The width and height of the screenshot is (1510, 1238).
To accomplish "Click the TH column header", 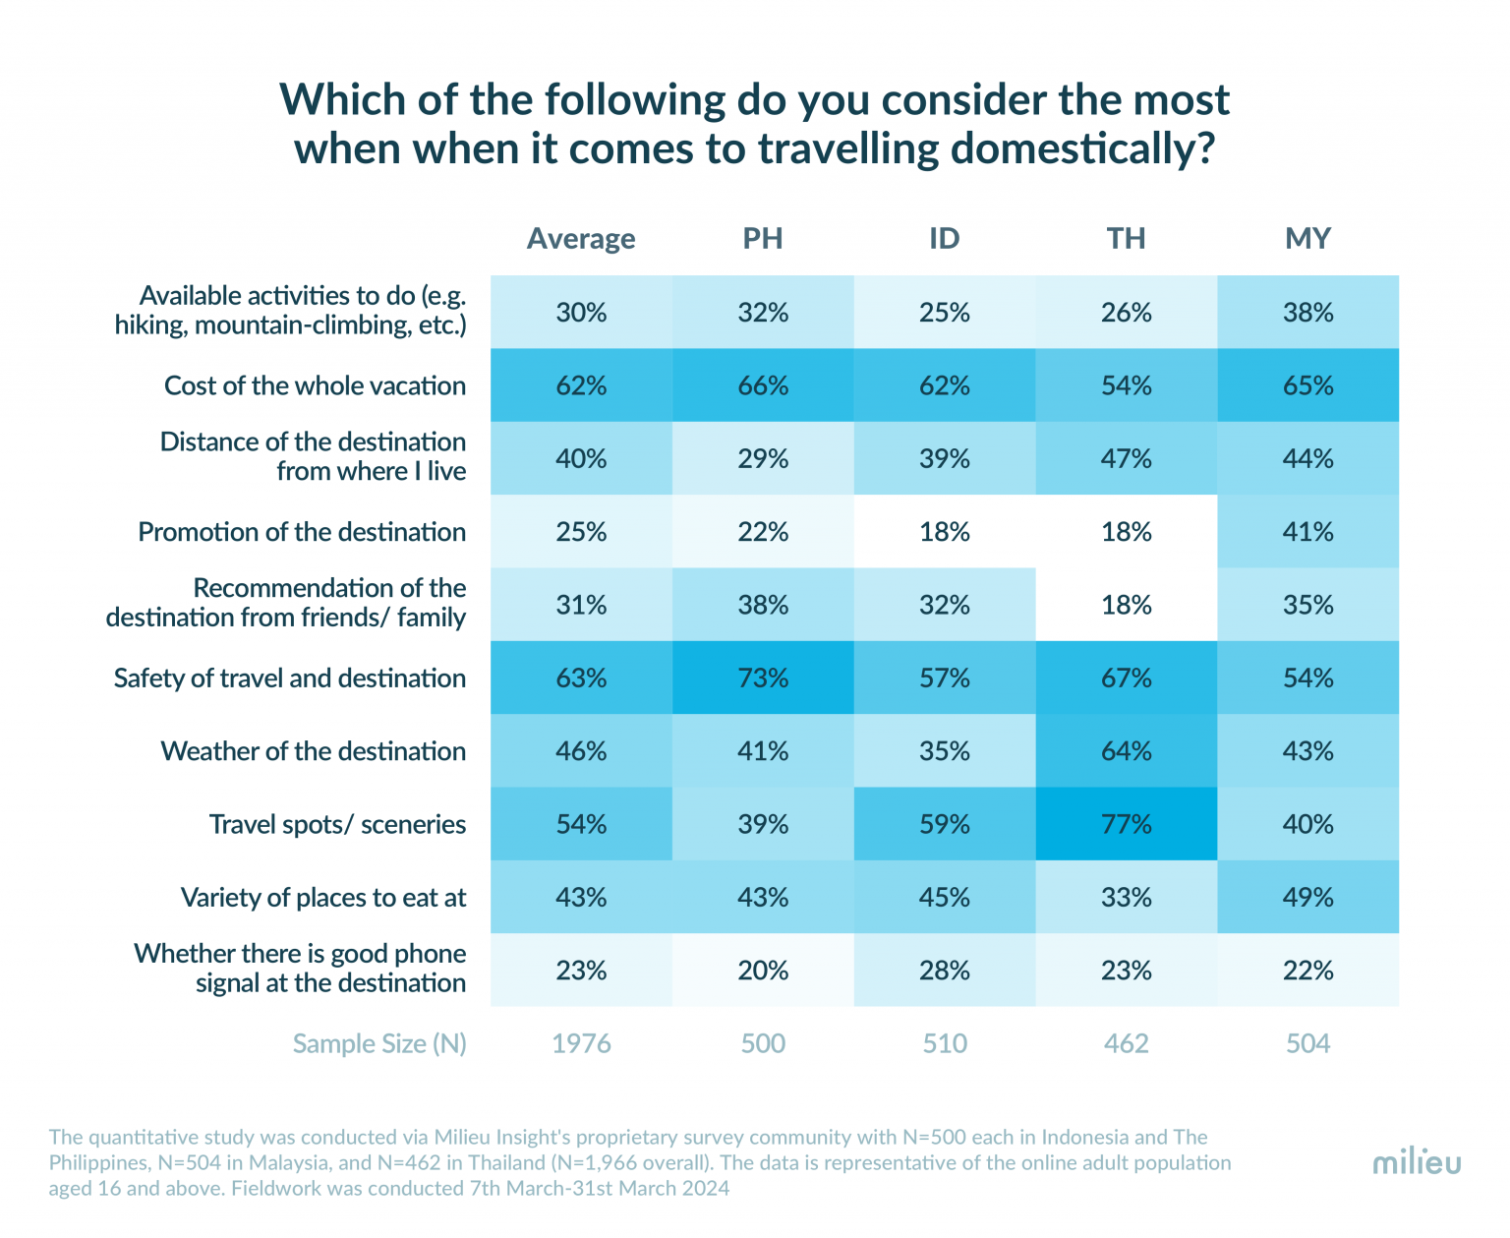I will click(1126, 239).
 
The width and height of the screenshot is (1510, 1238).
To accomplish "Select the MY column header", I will click(1307, 239).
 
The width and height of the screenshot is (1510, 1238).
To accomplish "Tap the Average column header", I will click(581, 239).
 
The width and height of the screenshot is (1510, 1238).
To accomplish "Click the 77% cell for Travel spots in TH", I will click(1126, 824).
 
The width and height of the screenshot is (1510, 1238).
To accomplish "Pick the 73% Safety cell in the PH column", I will click(763, 678).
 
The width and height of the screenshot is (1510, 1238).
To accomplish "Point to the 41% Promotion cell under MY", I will click(1307, 532).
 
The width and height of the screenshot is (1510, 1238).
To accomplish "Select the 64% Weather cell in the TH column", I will click(1126, 751).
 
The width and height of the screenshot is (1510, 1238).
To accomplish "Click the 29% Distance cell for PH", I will click(763, 458).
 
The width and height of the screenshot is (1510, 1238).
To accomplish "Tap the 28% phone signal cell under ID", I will click(945, 971).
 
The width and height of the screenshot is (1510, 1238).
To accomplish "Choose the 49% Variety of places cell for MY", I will click(1307, 897).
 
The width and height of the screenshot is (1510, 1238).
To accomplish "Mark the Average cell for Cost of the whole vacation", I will click(581, 385).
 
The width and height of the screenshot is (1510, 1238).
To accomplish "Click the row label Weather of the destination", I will click(314, 751).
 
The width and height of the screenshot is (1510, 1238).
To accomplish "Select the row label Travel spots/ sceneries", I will click(337, 824).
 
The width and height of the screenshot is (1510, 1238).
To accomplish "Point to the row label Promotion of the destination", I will click(302, 532).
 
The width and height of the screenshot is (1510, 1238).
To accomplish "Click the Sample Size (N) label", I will click(379, 1043).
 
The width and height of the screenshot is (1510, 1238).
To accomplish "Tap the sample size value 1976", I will click(581, 1043).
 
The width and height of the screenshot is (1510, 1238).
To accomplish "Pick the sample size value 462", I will click(1126, 1043).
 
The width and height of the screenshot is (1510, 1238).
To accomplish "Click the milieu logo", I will click(1417, 1162).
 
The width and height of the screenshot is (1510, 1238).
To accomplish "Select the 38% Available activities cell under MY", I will click(1307, 313).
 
